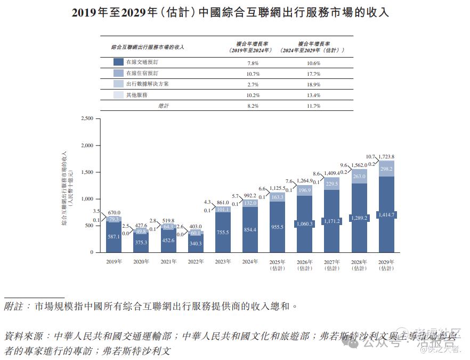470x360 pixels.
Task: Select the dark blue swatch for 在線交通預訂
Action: [119, 62]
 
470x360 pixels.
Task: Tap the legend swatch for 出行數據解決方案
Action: [119, 84]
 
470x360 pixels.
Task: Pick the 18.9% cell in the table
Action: [313, 84]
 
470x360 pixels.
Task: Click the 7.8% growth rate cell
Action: [253, 63]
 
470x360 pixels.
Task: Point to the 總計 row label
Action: [164, 106]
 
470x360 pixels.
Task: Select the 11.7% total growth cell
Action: [313, 106]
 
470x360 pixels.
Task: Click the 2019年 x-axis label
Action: [114, 261]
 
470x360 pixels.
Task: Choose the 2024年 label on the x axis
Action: [250, 261]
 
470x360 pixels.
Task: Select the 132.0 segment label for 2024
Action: [250, 203]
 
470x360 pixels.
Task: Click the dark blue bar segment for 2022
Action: [196, 243]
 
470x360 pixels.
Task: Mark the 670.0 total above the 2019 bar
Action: [113, 213]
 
